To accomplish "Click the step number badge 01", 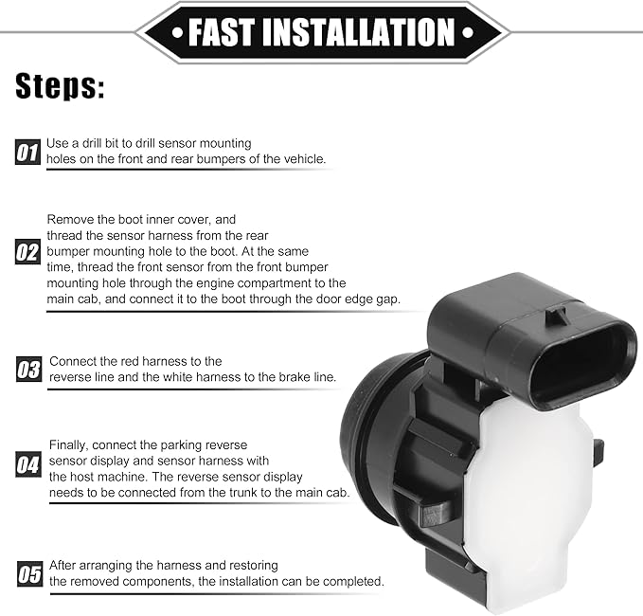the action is coord(27,153).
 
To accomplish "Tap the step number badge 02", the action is coord(27,251).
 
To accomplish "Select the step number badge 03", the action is coord(28,369).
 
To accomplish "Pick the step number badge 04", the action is coord(28,464).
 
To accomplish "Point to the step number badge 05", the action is coord(30,573).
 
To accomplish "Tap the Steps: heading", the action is coord(60,86).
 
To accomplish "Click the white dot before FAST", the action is coord(178,32).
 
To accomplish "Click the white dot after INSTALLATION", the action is coord(468,32).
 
